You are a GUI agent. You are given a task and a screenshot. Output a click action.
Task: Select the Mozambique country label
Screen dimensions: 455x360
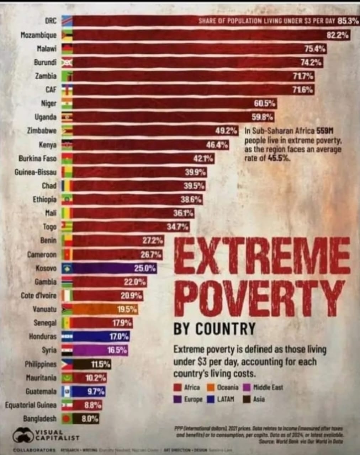click(38, 35)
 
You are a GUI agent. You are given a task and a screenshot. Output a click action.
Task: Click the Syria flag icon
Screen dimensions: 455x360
click(67, 350)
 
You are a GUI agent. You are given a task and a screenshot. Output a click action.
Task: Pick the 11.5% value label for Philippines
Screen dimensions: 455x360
click(101, 364)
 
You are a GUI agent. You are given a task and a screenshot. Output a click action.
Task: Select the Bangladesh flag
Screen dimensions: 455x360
click(67, 419)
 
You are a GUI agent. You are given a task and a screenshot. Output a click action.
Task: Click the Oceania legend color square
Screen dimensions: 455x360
click(211, 387)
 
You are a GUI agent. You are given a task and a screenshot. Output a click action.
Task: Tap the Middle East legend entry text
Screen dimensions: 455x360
click(268, 387)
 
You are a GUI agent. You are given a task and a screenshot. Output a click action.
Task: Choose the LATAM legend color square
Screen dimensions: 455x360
click(211, 399)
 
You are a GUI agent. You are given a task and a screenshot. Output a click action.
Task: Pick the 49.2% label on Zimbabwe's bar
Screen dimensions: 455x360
click(226, 131)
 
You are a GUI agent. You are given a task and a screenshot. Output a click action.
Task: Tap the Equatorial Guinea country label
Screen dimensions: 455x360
click(31, 405)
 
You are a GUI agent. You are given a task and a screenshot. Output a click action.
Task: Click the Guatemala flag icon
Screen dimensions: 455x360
click(67, 391)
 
